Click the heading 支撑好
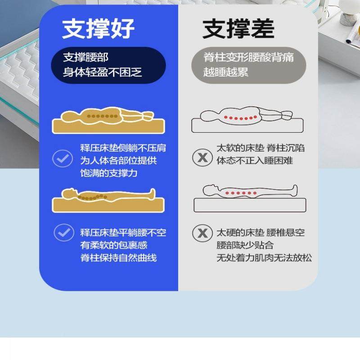[x=98, y=29]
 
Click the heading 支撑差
[x=238, y=29]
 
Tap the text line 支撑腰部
[x=85, y=58]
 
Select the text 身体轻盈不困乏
[x=102, y=72]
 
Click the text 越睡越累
[x=225, y=72]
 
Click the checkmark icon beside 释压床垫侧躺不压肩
[x=63, y=158]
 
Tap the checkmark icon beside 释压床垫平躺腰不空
[x=64, y=233]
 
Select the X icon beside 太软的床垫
[x=202, y=157]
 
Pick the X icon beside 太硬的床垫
[x=202, y=233]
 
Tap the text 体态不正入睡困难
[x=255, y=160]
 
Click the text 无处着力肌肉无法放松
[x=264, y=258]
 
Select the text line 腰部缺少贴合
[x=245, y=245]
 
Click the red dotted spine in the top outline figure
[x=242, y=118]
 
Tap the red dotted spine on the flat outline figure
[x=238, y=193]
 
